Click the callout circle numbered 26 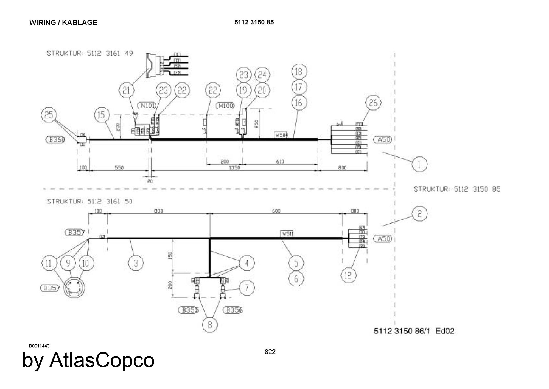pyautogui.click(x=373, y=103)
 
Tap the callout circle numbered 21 pyautogui.click(x=126, y=90)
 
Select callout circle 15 pyautogui.click(x=101, y=115)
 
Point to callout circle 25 pyautogui.click(x=49, y=115)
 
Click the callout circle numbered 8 pyautogui.click(x=210, y=325)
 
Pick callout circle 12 pyautogui.click(x=348, y=275)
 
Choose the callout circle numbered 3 pyautogui.click(x=136, y=263)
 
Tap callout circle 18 pyautogui.click(x=299, y=71)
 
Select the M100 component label pyautogui.click(x=225, y=106)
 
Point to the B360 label pyautogui.click(x=55, y=140)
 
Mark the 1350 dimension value pyautogui.click(x=234, y=168)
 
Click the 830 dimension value pyautogui.click(x=158, y=211)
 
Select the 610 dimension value pyautogui.click(x=280, y=162)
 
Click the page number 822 pyautogui.click(x=270, y=352)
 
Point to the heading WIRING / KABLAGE pyautogui.click(x=63, y=23)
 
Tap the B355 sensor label pyautogui.click(x=189, y=310)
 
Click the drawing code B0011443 pyautogui.click(x=39, y=346)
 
